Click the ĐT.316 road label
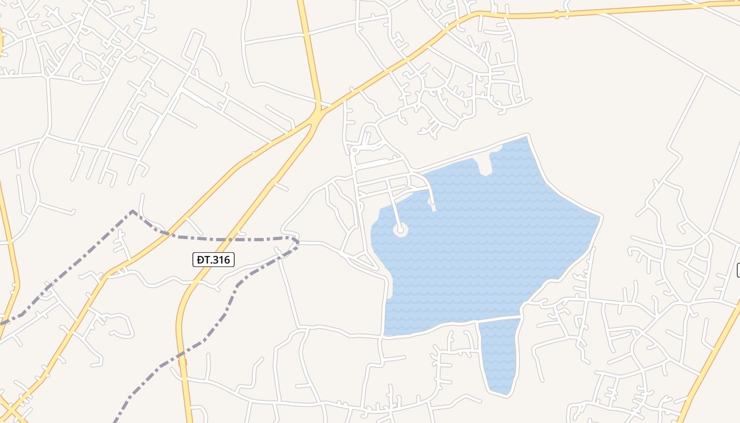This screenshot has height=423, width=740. click(213, 260)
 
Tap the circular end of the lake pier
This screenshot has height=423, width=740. click(401, 229)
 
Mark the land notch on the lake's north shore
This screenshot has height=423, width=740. click(484, 164)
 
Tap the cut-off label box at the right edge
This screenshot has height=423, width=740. click(738, 270)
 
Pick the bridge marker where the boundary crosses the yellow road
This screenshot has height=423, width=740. click(182, 362)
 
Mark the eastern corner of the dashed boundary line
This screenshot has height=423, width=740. click(298, 242)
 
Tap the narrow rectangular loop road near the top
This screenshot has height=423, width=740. click(193, 44)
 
